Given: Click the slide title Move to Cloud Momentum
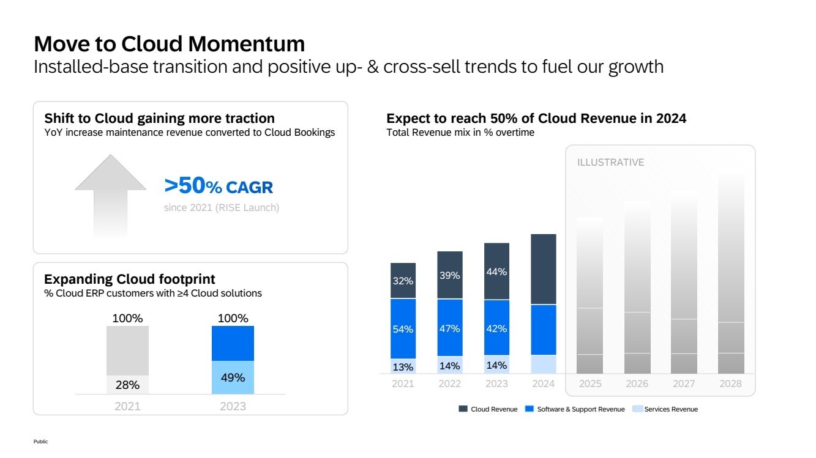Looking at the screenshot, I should [169, 44].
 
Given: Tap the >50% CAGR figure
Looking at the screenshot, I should [219, 187].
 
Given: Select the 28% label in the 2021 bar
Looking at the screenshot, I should [127, 385].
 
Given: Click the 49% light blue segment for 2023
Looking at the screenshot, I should [233, 377].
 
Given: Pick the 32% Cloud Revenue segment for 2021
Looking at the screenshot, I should [403, 281].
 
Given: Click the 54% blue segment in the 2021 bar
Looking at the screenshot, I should [403, 329].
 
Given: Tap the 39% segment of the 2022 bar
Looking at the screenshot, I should [449, 275].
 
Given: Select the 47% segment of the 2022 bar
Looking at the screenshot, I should [449, 328].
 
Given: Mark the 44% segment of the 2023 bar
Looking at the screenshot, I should [496, 271].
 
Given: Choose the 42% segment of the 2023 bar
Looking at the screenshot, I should [496, 328].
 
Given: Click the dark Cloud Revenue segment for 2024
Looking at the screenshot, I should [543, 269].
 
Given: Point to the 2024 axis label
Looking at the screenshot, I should [543, 384].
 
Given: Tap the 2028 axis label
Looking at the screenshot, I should [730, 384].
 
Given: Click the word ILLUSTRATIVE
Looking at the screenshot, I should [610, 163].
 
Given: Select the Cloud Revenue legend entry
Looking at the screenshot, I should [488, 409].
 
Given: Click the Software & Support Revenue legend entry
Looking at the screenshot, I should [575, 409].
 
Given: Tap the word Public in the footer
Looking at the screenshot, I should [40, 441].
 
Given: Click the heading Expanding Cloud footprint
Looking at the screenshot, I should [129, 279].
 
